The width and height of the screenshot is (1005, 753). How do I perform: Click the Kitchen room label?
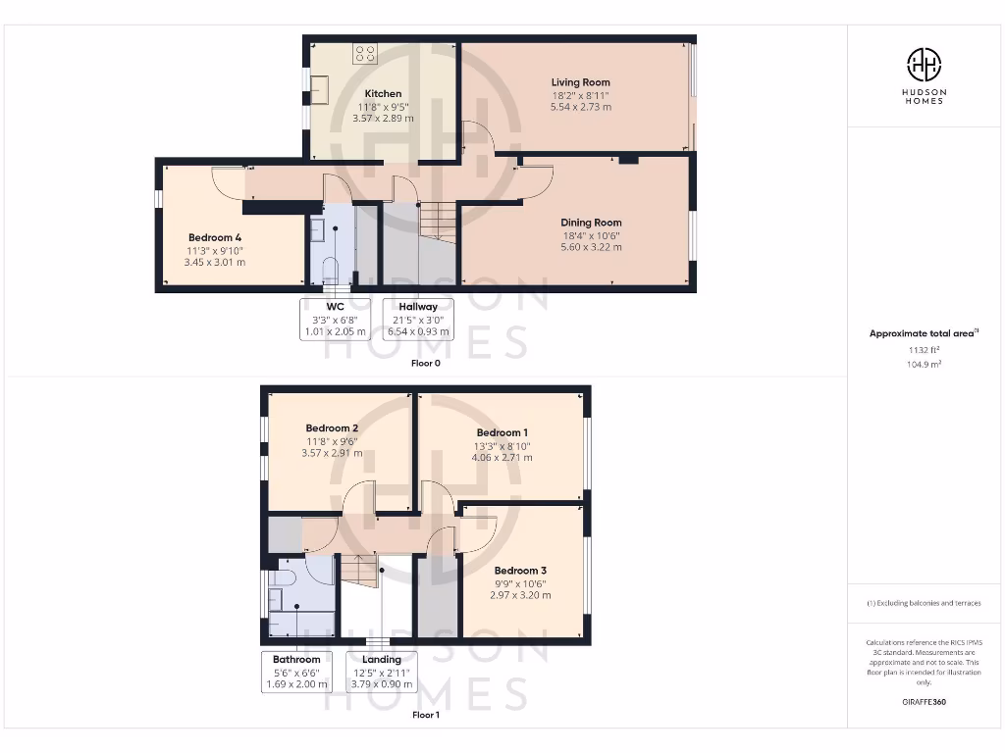(383, 94)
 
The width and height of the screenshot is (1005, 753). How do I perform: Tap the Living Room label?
(580, 83)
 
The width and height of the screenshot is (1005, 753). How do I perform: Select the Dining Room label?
(591, 223)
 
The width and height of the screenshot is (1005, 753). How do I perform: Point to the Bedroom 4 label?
(215, 237)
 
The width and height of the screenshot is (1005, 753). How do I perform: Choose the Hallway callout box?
(418, 319)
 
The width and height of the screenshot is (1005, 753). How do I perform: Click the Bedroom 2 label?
(331, 428)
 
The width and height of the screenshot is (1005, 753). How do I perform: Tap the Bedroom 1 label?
(502, 433)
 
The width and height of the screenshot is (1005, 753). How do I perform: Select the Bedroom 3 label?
(520, 571)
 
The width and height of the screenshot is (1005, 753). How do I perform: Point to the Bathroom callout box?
(296, 672)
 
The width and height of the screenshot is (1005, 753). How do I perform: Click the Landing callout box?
(382, 672)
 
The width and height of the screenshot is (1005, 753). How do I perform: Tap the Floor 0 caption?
(425, 363)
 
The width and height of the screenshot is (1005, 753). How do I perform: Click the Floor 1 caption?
(425, 715)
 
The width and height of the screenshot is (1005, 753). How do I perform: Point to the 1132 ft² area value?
(924, 349)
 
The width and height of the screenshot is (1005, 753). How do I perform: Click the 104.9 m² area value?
(924, 363)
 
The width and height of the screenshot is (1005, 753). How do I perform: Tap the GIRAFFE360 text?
(924, 702)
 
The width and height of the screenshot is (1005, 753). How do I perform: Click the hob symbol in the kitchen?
(367, 53)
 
